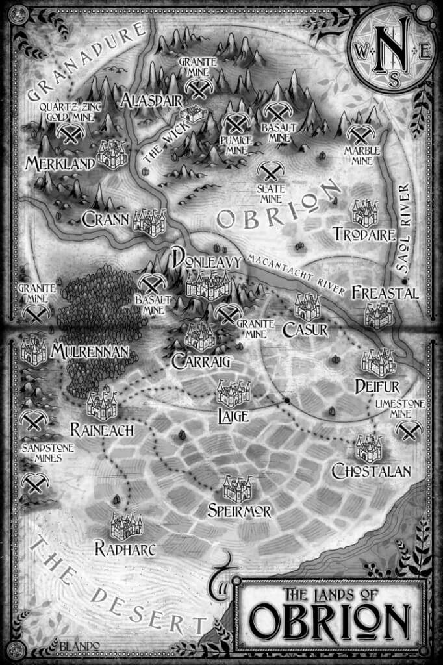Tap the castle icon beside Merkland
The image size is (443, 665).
pos(112,154)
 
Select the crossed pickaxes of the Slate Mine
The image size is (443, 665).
pos(270,170)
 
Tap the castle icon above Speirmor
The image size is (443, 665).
pos(237,488)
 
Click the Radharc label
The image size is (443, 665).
pos(125,549)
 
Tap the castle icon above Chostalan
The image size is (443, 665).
pos(370,448)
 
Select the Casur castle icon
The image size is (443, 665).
pos(308,307)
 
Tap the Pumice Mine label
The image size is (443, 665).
pos(236,144)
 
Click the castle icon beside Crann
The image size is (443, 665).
pos(149,221)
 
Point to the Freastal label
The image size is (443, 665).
pos(385,294)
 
